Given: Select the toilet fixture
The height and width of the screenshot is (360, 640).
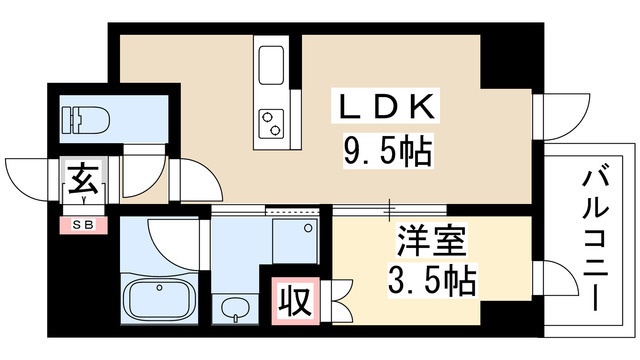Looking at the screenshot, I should (x=84, y=120).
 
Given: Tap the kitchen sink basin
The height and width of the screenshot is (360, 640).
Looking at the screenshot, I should (x=272, y=64).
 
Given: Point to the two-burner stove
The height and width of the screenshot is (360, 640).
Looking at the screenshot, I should (x=272, y=122).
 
